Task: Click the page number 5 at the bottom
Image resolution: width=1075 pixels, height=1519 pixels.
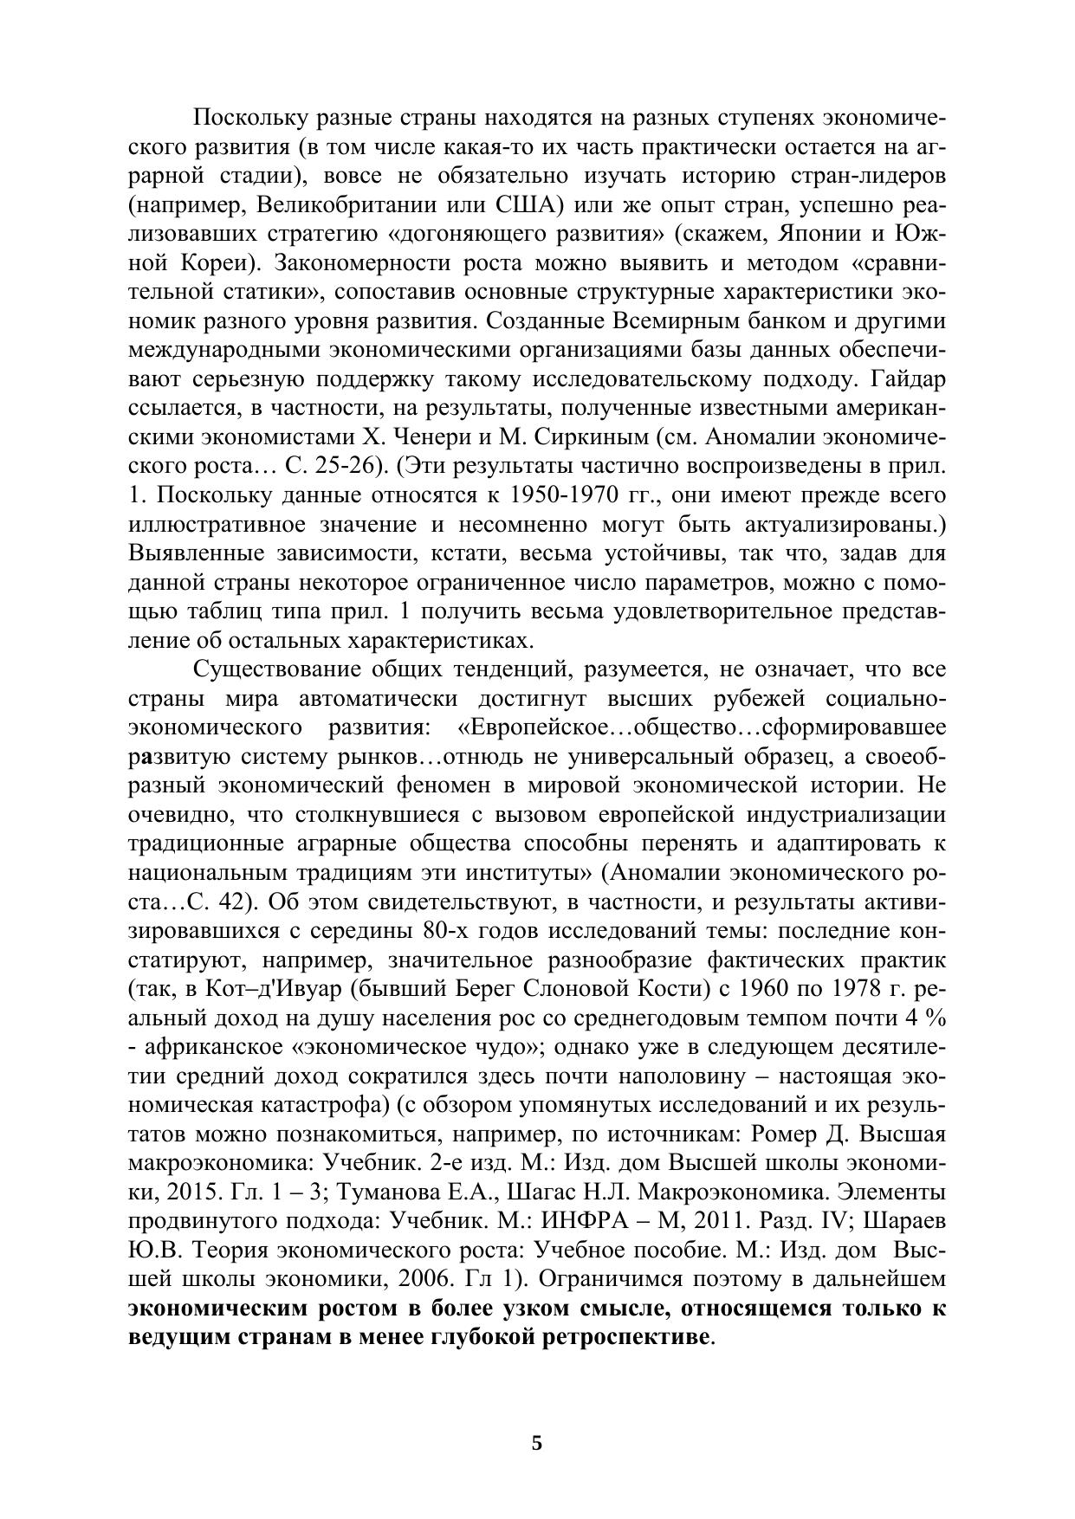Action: point(537,1443)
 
